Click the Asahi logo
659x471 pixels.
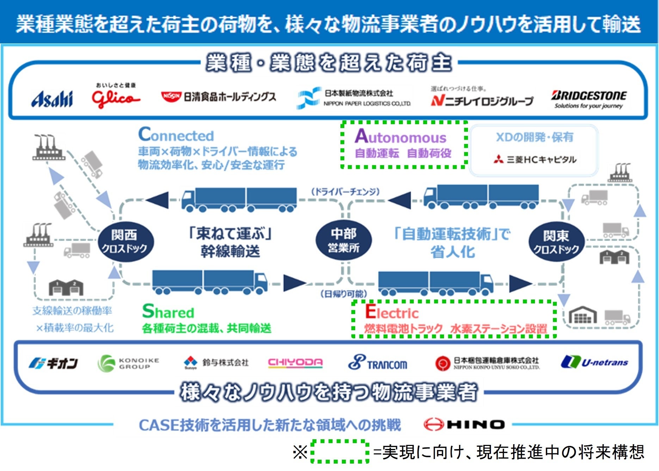coord(52,98)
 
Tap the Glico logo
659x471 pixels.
coord(116,97)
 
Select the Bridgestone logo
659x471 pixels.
coord(589,99)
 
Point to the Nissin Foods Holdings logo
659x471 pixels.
coord(218,97)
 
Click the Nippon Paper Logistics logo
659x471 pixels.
coord(354,98)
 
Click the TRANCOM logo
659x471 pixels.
coord(377,363)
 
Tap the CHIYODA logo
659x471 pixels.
coord(295,363)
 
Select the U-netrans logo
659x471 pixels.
coord(595,362)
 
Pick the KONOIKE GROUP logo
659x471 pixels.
coord(128,363)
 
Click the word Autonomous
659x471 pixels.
coord(400,137)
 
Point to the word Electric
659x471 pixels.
coord(392,312)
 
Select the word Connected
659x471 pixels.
coord(176,135)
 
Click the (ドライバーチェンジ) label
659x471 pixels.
coord(345,192)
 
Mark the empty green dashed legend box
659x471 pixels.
coord(340,451)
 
